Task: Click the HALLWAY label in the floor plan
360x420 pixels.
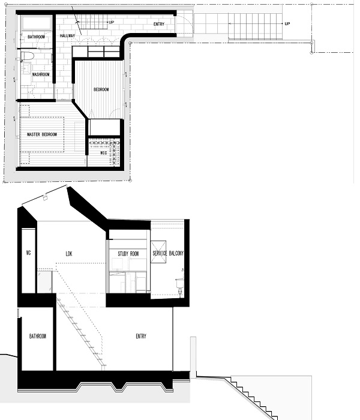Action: tap(67, 35)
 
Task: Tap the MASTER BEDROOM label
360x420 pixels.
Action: tap(42, 134)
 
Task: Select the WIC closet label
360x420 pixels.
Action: tap(104, 153)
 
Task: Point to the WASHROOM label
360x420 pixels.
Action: tap(41, 74)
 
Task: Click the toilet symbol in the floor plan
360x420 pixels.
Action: tap(28, 56)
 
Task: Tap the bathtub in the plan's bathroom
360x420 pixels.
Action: tap(37, 23)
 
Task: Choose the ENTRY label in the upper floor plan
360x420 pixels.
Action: tap(159, 24)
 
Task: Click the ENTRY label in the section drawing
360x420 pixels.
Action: tap(141, 336)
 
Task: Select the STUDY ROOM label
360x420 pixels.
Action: tap(128, 253)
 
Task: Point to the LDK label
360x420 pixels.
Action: tap(69, 253)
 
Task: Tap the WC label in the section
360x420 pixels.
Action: tap(28, 253)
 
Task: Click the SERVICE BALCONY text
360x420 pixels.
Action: tap(168, 253)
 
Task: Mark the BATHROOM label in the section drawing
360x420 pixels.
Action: tap(37, 336)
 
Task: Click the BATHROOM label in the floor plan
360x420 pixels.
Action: tap(36, 37)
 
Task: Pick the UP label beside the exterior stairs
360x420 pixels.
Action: tap(287, 23)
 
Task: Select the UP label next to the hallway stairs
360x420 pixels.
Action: tap(112, 22)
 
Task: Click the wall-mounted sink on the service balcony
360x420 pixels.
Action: tap(180, 283)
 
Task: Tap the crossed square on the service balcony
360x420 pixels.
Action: tap(158, 252)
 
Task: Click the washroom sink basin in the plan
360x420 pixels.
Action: tap(26, 68)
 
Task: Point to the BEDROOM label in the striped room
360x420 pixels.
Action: tap(101, 89)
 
